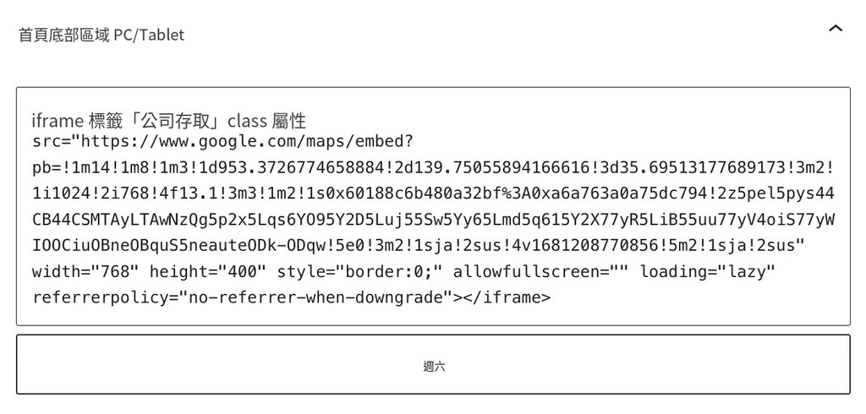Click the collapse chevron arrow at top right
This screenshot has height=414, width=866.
(836, 28)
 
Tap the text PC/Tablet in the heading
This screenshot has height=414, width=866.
(149, 35)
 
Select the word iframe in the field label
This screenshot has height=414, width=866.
(58, 120)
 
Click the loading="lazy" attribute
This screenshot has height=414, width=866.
(708, 272)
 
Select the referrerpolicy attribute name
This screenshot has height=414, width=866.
(101, 298)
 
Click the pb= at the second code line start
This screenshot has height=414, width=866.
(47, 168)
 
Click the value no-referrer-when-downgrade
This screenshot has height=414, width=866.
(316, 298)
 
